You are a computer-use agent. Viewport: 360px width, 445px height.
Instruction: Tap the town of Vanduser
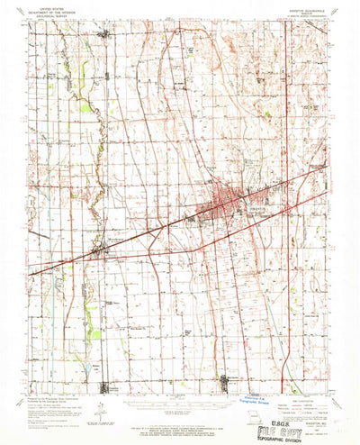pos(108,34)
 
